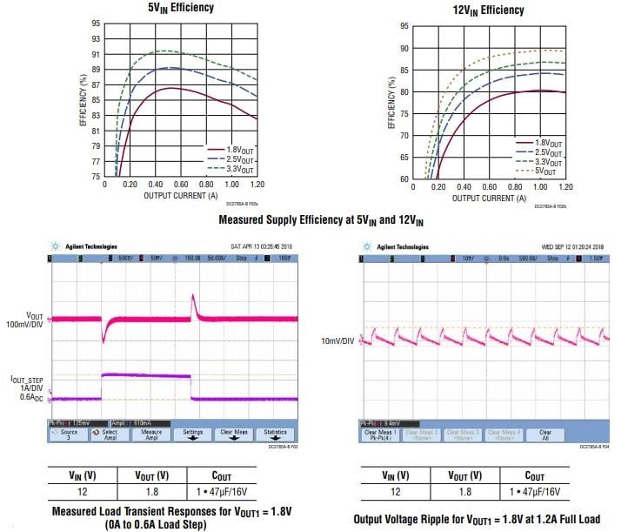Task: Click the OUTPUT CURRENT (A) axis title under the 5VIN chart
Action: [182, 196]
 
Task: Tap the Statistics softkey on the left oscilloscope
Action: [275, 434]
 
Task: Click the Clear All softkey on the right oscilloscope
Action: [544, 434]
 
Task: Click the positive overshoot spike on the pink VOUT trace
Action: [193, 301]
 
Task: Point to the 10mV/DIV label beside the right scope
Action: [337, 340]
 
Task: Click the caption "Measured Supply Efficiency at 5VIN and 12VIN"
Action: [314, 220]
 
